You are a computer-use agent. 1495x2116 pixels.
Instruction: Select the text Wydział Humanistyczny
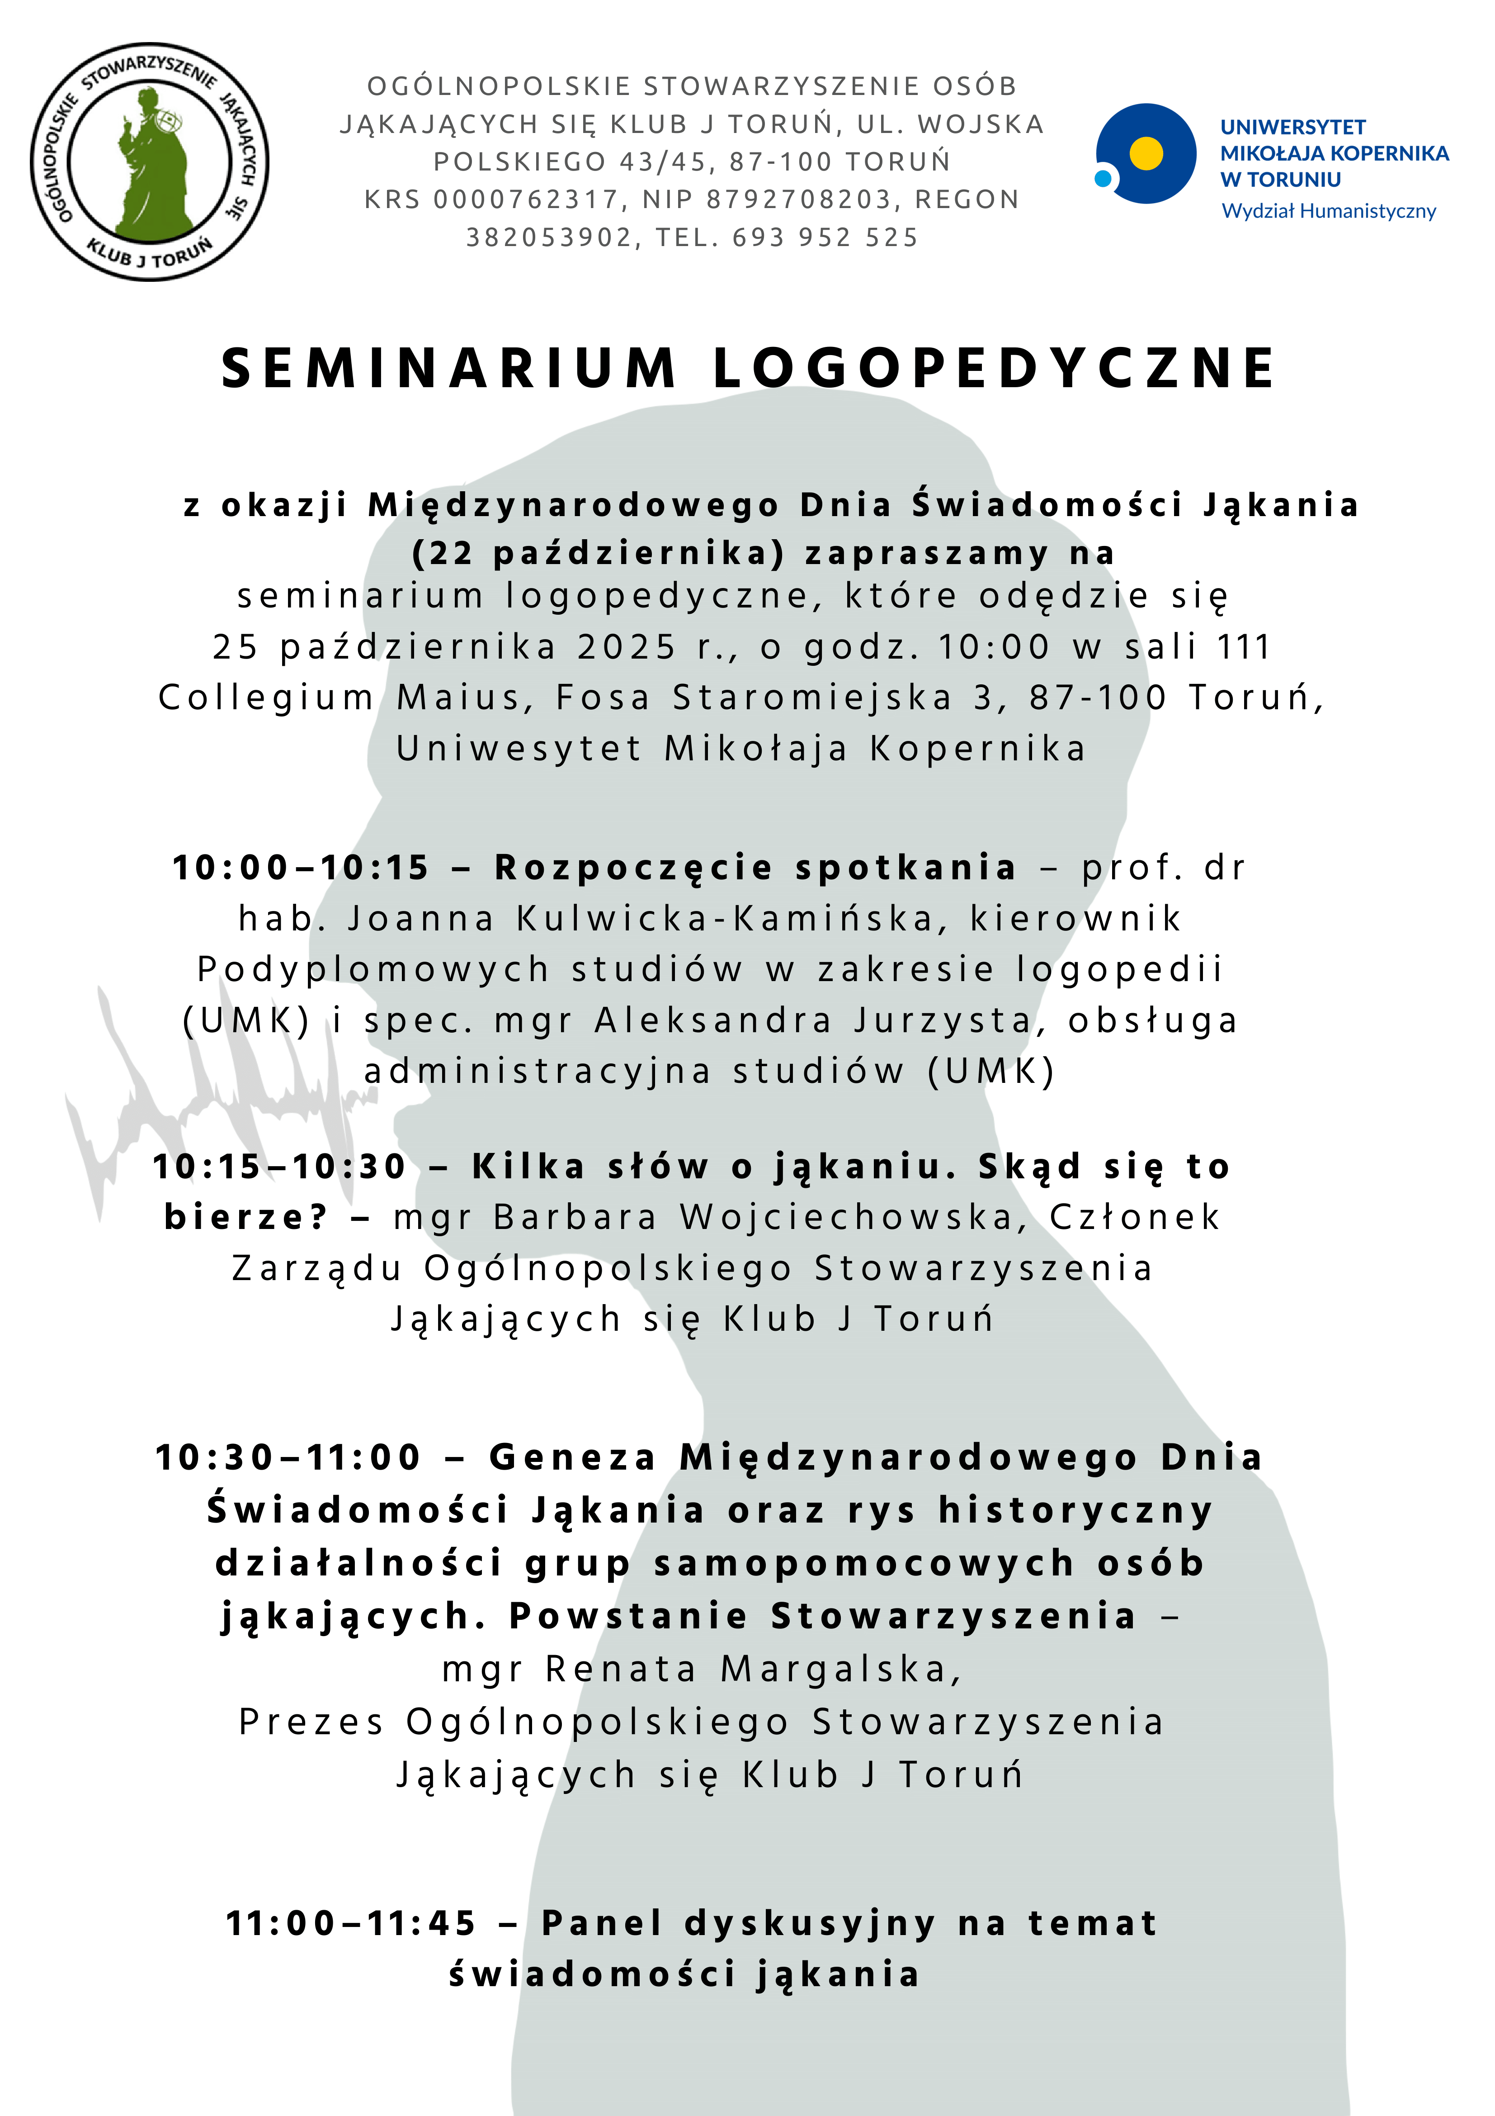click(x=1328, y=211)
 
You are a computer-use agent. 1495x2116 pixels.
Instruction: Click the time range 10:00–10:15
click(x=301, y=868)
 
